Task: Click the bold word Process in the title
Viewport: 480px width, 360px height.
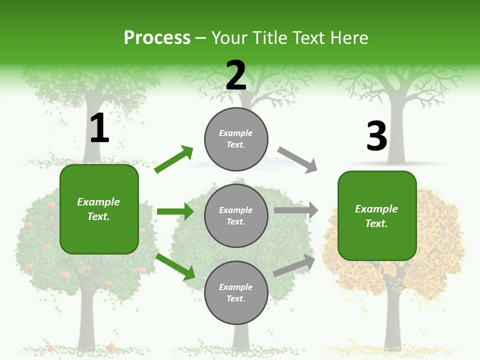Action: pyautogui.click(x=157, y=38)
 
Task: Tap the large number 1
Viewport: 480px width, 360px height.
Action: pyautogui.click(x=99, y=128)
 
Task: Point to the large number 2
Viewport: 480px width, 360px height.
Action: pyautogui.click(x=236, y=75)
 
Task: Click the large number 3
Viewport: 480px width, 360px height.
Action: pyautogui.click(x=377, y=136)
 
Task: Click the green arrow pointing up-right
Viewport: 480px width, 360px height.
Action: pyautogui.click(x=174, y=159)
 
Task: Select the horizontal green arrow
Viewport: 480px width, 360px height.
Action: pyautogui.click(x=175, y=211)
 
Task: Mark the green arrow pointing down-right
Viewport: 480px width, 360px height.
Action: pyautogui.click(x=175, y=266)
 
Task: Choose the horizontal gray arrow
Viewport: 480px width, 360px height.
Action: pyautogui.click(x=296, y=210)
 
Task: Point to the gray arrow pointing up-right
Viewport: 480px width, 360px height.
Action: pyautogui.click(x=294, y=265)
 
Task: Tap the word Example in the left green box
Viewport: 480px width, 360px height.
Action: pyautogui.click(x=98, y=202)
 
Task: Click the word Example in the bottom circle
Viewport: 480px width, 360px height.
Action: pyautogui.click(x=235, y=287)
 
